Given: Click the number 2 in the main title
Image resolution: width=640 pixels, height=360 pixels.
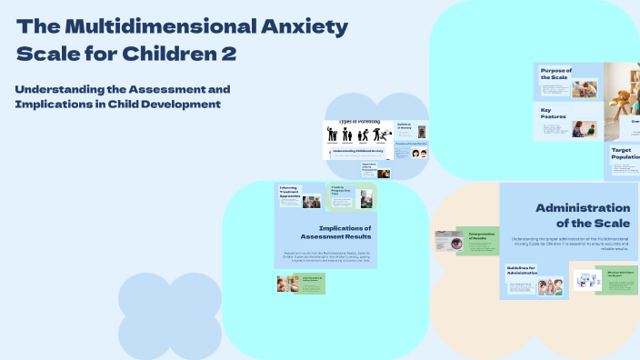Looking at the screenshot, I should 228,54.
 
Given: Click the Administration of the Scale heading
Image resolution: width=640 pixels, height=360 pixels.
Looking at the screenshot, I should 582,215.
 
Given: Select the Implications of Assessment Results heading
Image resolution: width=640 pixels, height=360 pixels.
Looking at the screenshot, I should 343,234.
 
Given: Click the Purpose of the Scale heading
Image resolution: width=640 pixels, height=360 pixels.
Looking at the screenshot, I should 555,74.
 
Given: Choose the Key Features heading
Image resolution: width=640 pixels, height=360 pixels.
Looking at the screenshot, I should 552,114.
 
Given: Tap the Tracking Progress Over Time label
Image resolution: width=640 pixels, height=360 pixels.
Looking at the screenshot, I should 343,190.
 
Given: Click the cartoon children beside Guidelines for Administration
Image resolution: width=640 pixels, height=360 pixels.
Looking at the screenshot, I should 549,287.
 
